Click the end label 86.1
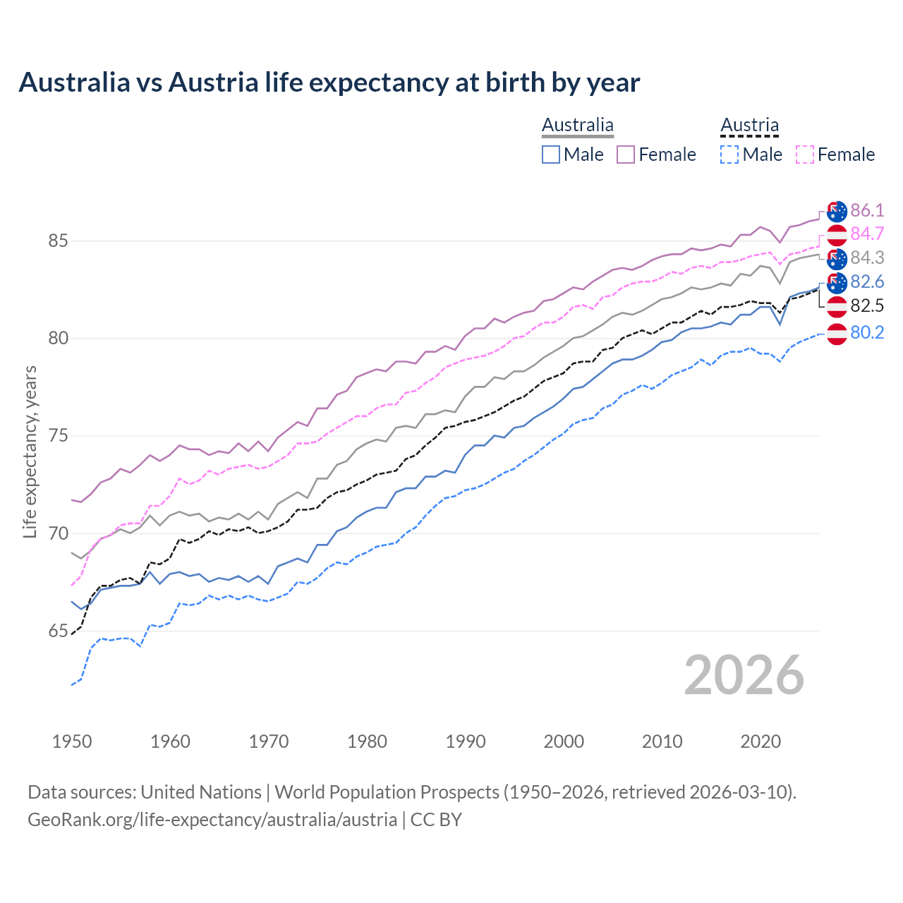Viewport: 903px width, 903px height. point(867,210)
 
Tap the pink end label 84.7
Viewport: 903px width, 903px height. point(867,234)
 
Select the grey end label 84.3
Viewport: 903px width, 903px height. point(867,257)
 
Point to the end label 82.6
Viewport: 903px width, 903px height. point(867,281)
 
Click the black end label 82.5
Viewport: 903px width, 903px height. point(867,305)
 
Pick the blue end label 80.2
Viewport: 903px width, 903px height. point(867,332)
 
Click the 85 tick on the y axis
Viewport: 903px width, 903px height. point(58,241)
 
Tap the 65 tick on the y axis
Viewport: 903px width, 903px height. point(58,631)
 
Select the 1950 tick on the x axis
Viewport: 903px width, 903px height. point(72,741)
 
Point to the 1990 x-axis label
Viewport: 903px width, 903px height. point(466,741)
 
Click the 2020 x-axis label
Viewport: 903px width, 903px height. point(760,741)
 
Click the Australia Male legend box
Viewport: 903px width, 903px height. point(551,154)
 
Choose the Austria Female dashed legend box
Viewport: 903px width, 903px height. point(805,154)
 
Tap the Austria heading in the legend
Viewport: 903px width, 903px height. point(749,126)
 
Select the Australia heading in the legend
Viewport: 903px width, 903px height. point(578,126)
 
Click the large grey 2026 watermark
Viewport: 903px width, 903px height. point(744,675)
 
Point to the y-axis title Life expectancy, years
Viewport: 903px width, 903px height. point(30,451)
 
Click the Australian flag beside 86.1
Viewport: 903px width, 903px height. point(837,211)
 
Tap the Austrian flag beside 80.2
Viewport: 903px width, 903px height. point(837,333)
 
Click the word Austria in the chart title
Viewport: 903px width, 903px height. point(214,83)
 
